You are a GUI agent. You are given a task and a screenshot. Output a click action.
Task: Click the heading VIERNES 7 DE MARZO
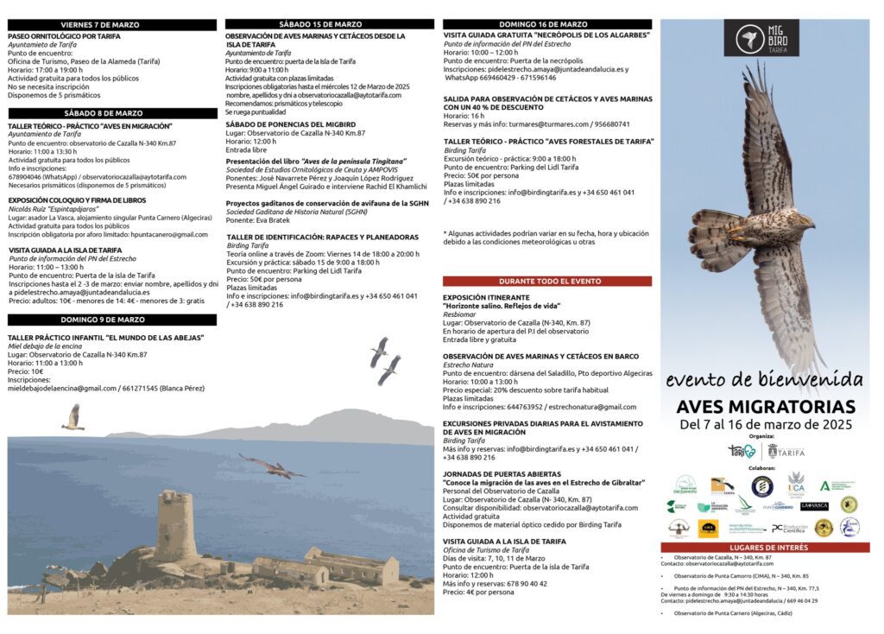(112, 25)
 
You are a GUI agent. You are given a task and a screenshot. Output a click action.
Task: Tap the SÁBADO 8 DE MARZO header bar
(112, 113)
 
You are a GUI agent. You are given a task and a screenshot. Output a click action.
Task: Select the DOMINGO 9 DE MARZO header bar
(112, 320)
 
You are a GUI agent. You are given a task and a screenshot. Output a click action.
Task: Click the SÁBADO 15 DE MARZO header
(329, 24)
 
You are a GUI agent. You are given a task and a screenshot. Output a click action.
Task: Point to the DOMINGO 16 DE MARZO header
(547, 24)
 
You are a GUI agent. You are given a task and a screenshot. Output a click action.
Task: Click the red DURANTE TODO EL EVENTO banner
(547, 282)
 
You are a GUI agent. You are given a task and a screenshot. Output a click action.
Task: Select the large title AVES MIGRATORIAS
(766, 407)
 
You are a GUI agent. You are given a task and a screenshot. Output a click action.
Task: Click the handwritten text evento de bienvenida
(764, 379)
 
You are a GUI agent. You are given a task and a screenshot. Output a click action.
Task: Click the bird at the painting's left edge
(73, 417)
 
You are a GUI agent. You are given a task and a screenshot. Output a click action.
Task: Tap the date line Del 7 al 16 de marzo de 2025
(766, 425)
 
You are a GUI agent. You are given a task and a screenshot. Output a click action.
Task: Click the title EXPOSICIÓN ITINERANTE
(486, 297)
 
